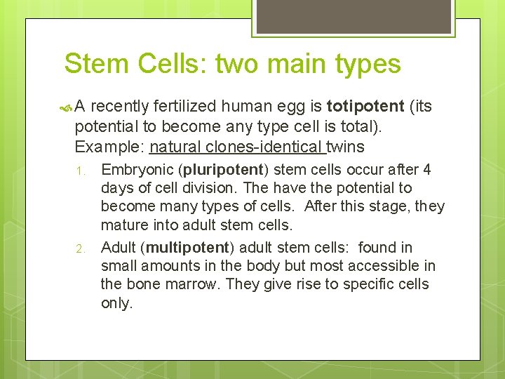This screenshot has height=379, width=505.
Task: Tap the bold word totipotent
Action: tap(365, 107)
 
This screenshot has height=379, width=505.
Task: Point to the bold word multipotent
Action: tap(189, 248)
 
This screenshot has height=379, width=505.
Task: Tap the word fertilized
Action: tap(184, 107)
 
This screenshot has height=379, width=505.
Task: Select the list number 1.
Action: tap(81, 171)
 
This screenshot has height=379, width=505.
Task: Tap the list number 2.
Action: tap(81, 248)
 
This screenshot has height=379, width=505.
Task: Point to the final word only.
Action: tap(116, 304)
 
